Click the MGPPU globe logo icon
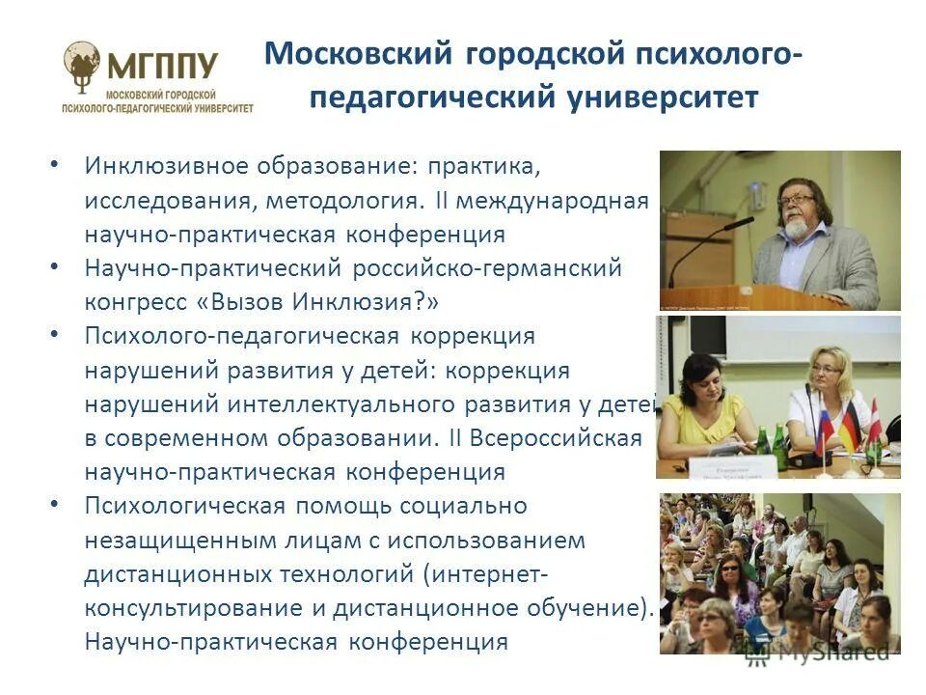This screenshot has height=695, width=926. [83, 62]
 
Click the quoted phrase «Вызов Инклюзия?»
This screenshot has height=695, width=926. [318, 301]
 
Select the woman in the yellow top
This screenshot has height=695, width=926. [709, 405]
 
